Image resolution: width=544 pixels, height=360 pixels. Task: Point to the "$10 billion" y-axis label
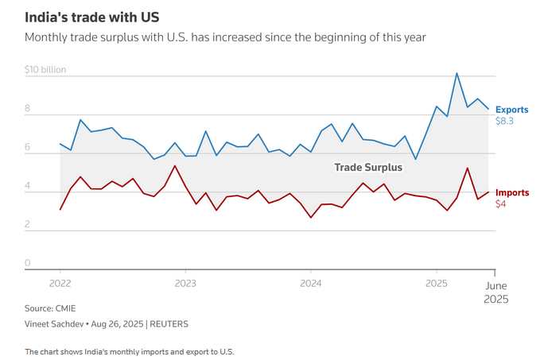point(45,69)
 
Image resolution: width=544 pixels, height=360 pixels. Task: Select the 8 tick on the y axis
point(27,108)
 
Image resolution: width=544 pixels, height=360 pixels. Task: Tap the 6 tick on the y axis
point(27,147)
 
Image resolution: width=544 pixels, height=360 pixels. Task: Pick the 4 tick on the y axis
point(27,186)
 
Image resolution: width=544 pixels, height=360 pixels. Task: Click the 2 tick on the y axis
point(27,225)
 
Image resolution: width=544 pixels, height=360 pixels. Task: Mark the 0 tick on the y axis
point(27,263)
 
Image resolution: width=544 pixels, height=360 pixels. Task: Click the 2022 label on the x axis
point(60,283)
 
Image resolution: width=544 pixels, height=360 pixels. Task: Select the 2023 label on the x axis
point(185,283)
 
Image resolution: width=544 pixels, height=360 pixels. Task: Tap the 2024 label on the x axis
point(311,283)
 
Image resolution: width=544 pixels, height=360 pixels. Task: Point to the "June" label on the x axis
point(496,284)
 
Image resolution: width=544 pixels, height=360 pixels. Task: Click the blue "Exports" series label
point(511,110)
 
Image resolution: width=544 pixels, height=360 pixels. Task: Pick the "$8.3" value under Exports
point(504,121)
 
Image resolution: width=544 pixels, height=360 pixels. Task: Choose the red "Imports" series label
point(511,192)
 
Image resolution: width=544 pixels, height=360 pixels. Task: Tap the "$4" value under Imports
point(501,204)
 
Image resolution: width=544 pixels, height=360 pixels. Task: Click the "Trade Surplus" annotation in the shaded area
point(367,168)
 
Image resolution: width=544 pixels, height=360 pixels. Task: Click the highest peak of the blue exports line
point(457,73)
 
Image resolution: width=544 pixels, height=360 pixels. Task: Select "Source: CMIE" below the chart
point(51,308)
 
